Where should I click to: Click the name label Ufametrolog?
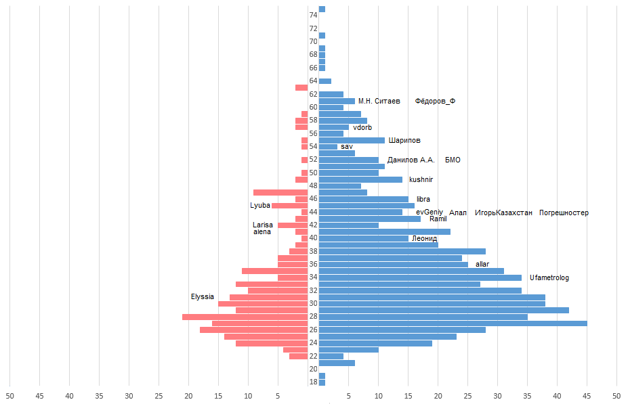(x=549, y=277)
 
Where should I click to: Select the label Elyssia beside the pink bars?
(x=203, y=297)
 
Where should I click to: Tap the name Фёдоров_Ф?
(x=435, y=101)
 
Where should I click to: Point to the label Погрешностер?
(x=564, y=212)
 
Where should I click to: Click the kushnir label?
(x=421, y=179)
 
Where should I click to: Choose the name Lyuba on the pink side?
(x=260, y=205)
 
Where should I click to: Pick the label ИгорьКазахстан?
(x=503, y=212)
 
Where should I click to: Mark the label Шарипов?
(x=404, y=140)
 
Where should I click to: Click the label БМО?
(x=453, y=160)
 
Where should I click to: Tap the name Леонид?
(x=424, y=238)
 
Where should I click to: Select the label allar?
(x=482, y=264)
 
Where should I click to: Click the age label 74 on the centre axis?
(x=313, y=16)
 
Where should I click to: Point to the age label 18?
(x=313, y=382)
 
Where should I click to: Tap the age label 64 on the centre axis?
(x=313, y=81)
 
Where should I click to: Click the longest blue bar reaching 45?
(x=453, y=323)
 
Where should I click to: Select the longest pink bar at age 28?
(x=245, y=317)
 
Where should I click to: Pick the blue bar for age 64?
(x=325, y=81)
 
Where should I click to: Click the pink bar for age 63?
(x=301, y=88)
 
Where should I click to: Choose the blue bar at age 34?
(x=420, y=277)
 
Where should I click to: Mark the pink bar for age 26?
(x=254, y=330)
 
